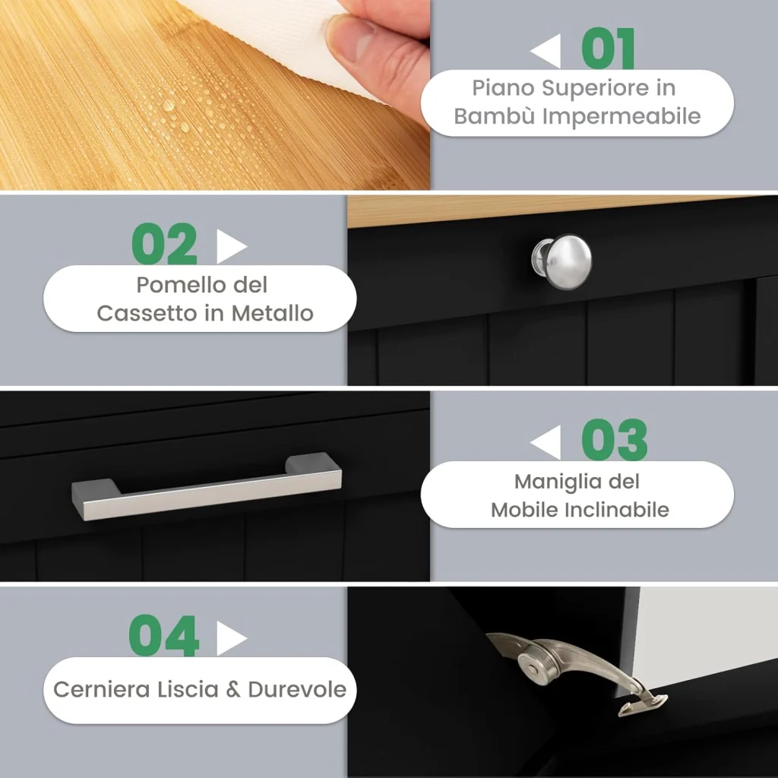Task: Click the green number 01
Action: [608, 49]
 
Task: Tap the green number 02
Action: [165, 244]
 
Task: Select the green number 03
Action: [614, 440]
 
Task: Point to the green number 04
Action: [164, 636]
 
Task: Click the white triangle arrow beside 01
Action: [546, 51]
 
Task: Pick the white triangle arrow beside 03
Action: [546, 442]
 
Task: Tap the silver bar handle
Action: [207, 486]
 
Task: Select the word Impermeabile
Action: [621, 117]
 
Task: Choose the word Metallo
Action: [273, 314]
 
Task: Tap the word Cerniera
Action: [101, 690]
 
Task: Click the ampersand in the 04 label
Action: [233, 690]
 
